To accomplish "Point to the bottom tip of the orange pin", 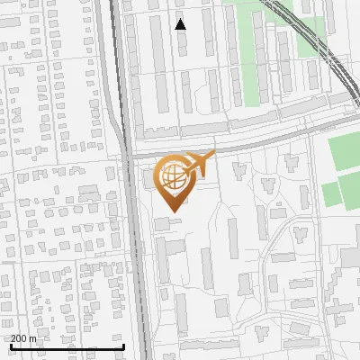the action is (x=172, y=211).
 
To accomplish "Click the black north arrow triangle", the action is (x=181, y=24).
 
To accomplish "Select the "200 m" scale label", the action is (x=24, y=338).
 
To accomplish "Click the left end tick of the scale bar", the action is (x=10, y=346).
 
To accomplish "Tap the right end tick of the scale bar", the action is (x=123, y=346).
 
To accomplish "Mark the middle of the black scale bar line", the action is (x=67, y=347).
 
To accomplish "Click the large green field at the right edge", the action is (x=344, y=154).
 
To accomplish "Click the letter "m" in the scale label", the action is (x=34, y=338).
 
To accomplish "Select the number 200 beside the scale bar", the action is (x=20, y=338).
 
